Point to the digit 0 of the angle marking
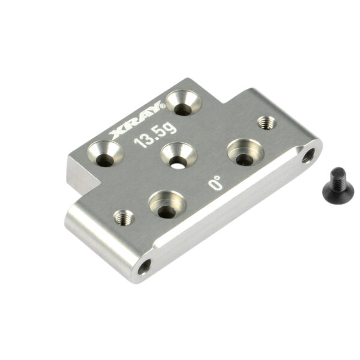[215, 185]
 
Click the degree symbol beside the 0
[217, 178]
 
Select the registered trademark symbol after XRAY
[163, 106]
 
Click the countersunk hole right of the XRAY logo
[184, 103]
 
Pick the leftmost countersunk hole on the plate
[106, 154]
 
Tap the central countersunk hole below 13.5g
[179, 155]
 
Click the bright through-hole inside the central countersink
[178, 166]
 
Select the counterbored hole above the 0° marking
[245, 152]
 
